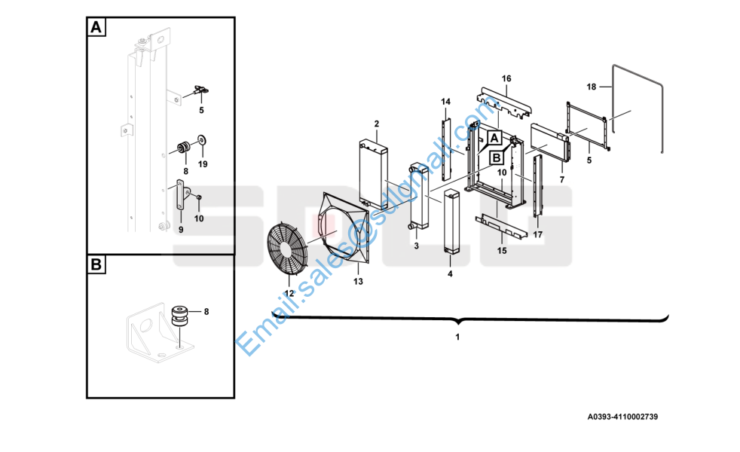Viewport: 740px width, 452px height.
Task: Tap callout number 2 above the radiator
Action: [377, 124]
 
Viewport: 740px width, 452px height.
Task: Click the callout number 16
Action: [506, 79]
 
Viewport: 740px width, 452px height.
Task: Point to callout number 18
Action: [592, 87]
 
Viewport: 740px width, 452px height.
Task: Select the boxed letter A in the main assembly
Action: [494, 138]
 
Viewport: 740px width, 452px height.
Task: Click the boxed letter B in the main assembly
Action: [497, 157]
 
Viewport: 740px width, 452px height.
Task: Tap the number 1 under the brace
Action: [457, 337]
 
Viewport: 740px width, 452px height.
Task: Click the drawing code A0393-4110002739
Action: [622, 417]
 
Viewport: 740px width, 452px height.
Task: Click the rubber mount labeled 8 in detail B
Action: [179, 316]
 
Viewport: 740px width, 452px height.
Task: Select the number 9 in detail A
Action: [181, 231]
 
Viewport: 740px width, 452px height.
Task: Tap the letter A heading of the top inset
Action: [96, 27]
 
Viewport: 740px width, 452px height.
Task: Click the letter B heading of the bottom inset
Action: [96, 264]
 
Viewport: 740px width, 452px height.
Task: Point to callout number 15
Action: [502, 251]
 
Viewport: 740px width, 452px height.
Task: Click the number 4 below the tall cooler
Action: [450, 274]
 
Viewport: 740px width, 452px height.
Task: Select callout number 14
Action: [446, 102]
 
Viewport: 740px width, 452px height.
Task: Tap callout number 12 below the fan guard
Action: [289, 294]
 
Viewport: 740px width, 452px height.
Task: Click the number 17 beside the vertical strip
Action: [538, 235]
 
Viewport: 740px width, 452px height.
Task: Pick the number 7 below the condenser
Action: [562, 180]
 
